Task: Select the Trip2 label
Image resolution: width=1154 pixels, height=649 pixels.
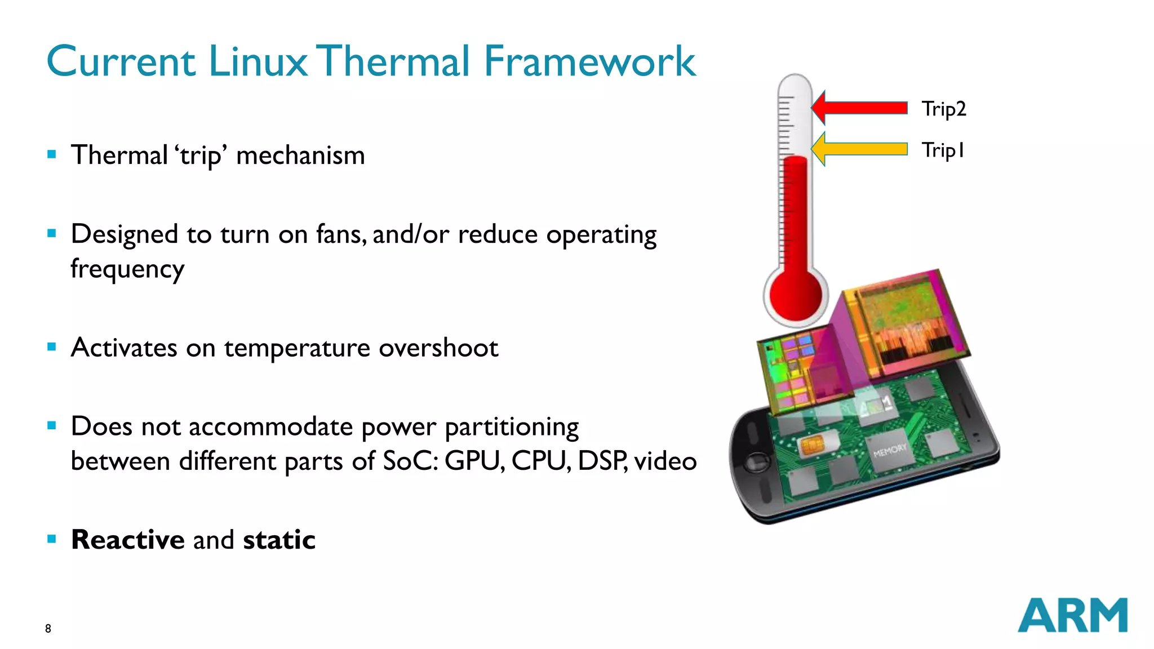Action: click(944, 109)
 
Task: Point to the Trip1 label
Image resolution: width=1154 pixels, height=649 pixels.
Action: click(943, 150)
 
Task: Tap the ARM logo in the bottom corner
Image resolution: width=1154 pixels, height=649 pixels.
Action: click(1072, 615)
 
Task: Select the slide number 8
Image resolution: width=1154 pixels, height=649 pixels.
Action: click(48, 629)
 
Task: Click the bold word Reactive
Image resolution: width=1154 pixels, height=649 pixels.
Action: click(128, 540)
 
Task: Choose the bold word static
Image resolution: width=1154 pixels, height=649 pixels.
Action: click(279, 540)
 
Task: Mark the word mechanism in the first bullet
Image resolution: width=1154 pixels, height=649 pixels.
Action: click(300, 155)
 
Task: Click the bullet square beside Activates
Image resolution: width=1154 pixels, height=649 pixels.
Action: click(52, 347)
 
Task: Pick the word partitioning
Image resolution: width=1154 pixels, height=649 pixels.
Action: click(512, 427)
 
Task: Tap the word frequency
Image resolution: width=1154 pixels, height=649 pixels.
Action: click(127, 269)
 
